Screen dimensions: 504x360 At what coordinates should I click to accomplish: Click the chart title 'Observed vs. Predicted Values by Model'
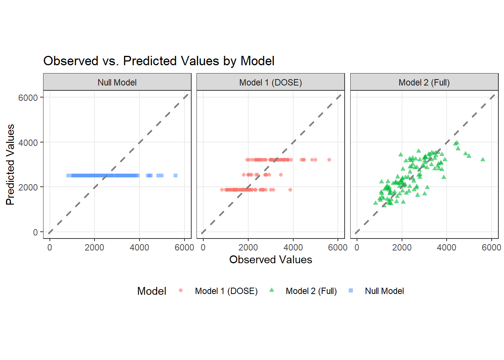[x=159, y=61]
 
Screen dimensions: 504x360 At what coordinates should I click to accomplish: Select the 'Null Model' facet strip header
[x=117, y=82]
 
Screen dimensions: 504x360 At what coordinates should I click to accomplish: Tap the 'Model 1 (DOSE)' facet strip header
[x=271, y=82]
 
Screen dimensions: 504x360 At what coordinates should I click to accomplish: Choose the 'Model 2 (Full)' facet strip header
[x=424, y=82]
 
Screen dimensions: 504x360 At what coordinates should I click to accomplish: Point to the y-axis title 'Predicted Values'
[x=10, y=165]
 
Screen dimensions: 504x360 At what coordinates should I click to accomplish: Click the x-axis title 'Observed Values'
[x=271, y=259]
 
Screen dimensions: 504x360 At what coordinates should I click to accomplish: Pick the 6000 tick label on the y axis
[x=28, y=98]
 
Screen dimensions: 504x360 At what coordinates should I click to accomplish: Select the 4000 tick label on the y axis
[x=28, y=142]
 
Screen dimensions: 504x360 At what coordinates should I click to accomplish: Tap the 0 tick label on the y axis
[x=35, y=232]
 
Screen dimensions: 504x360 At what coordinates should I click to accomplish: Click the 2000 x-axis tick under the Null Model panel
[x=94, y=247]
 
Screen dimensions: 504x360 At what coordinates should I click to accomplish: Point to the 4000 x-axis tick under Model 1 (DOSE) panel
[x=293, y=247]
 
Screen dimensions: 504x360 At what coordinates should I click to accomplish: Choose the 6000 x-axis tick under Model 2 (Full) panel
[x=491, y=247]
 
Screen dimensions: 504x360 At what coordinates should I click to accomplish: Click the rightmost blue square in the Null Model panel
[x=175, y=175]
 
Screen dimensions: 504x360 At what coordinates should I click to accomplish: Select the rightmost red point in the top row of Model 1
[x=329, y=160]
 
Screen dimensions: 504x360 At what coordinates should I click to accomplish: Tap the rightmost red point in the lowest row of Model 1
[x=290, y=190]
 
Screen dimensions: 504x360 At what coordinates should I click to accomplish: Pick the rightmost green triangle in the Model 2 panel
[x=483, y=159]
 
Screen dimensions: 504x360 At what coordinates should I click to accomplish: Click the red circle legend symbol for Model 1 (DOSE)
[x=181, y=291]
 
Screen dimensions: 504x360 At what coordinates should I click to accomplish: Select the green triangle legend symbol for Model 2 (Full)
[x=272, y=290]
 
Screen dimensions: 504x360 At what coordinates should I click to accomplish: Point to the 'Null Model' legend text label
[x=384, y=291]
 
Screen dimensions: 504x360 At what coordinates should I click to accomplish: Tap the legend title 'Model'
[x=151, y=291]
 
